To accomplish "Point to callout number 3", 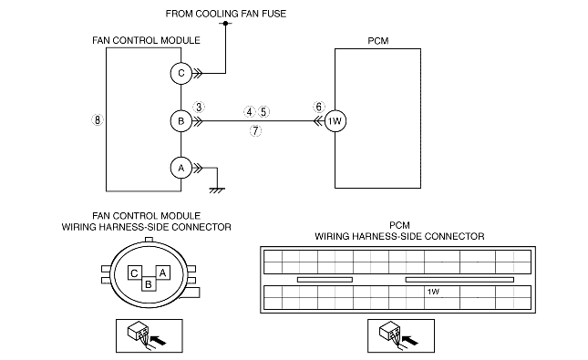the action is coord(199,107).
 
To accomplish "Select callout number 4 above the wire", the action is coord(250,112).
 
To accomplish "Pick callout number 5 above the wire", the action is coord(263,112).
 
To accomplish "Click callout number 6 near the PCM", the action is coord(319,107).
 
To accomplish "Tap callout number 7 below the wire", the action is coord(255,131).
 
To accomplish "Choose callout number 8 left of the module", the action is coord(98,120).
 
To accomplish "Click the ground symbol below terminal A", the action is coord(217,190).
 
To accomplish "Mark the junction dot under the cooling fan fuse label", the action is coord(225,24).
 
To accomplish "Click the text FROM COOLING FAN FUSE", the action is coord(226,14).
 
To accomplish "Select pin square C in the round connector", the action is coord(134,273).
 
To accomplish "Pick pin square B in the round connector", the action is coord(149,283).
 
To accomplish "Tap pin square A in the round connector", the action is coord(163,273).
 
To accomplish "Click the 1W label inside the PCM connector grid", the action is coord(433,292).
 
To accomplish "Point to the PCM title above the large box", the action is coord(378,41).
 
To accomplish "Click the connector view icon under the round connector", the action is coord(150,336).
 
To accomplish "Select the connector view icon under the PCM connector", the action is coord(401,336).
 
